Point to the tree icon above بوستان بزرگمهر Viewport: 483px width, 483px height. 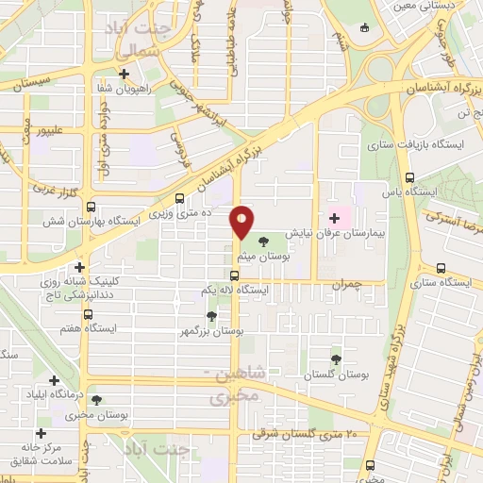(211, 317)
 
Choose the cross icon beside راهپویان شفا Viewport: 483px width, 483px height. (124, 73)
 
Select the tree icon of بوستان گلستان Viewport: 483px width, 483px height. (336, 358)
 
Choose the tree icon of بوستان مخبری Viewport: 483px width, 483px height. (94, 400)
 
